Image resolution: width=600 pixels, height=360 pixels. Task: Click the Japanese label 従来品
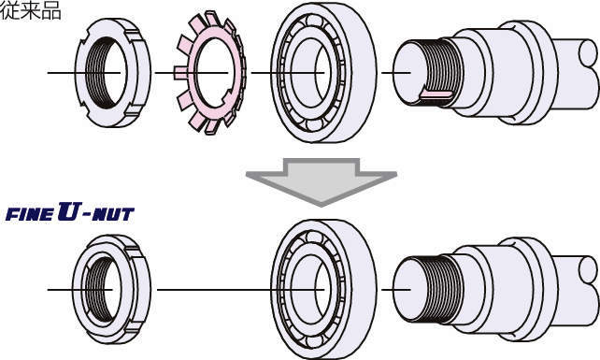[31, 10]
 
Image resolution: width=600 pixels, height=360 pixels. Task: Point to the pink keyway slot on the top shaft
[436, 94]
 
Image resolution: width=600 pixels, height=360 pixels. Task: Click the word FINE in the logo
[30, 214]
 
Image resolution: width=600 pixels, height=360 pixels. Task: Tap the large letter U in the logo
[69, 211]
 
